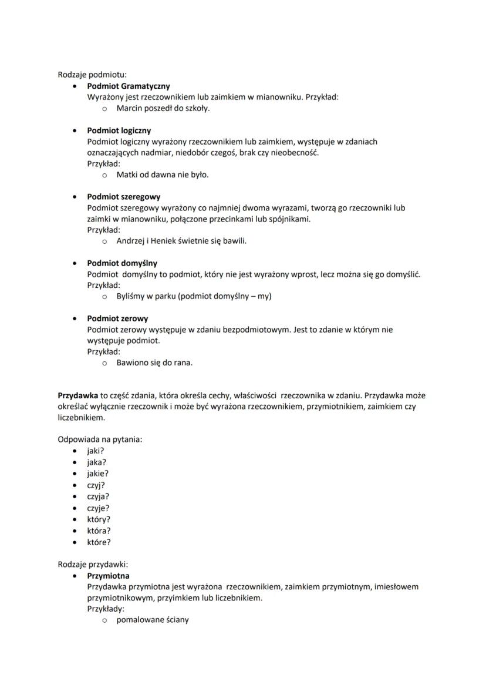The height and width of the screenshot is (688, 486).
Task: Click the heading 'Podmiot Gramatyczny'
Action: click(129, 86)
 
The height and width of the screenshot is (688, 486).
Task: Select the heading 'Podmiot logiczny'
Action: click(119, 130)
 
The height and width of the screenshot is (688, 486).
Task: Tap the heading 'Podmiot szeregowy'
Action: click(124, 197)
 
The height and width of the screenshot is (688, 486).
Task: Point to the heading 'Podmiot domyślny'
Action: click(122, 263)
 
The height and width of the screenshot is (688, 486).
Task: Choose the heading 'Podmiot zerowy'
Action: click(117, 318)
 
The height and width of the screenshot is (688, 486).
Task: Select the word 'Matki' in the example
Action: click(127, 174)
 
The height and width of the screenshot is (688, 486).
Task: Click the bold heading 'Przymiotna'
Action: click(109, 576)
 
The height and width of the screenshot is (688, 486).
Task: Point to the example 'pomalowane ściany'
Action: click(153, 620)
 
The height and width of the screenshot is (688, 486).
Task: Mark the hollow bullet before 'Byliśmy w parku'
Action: click(104, 297)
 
